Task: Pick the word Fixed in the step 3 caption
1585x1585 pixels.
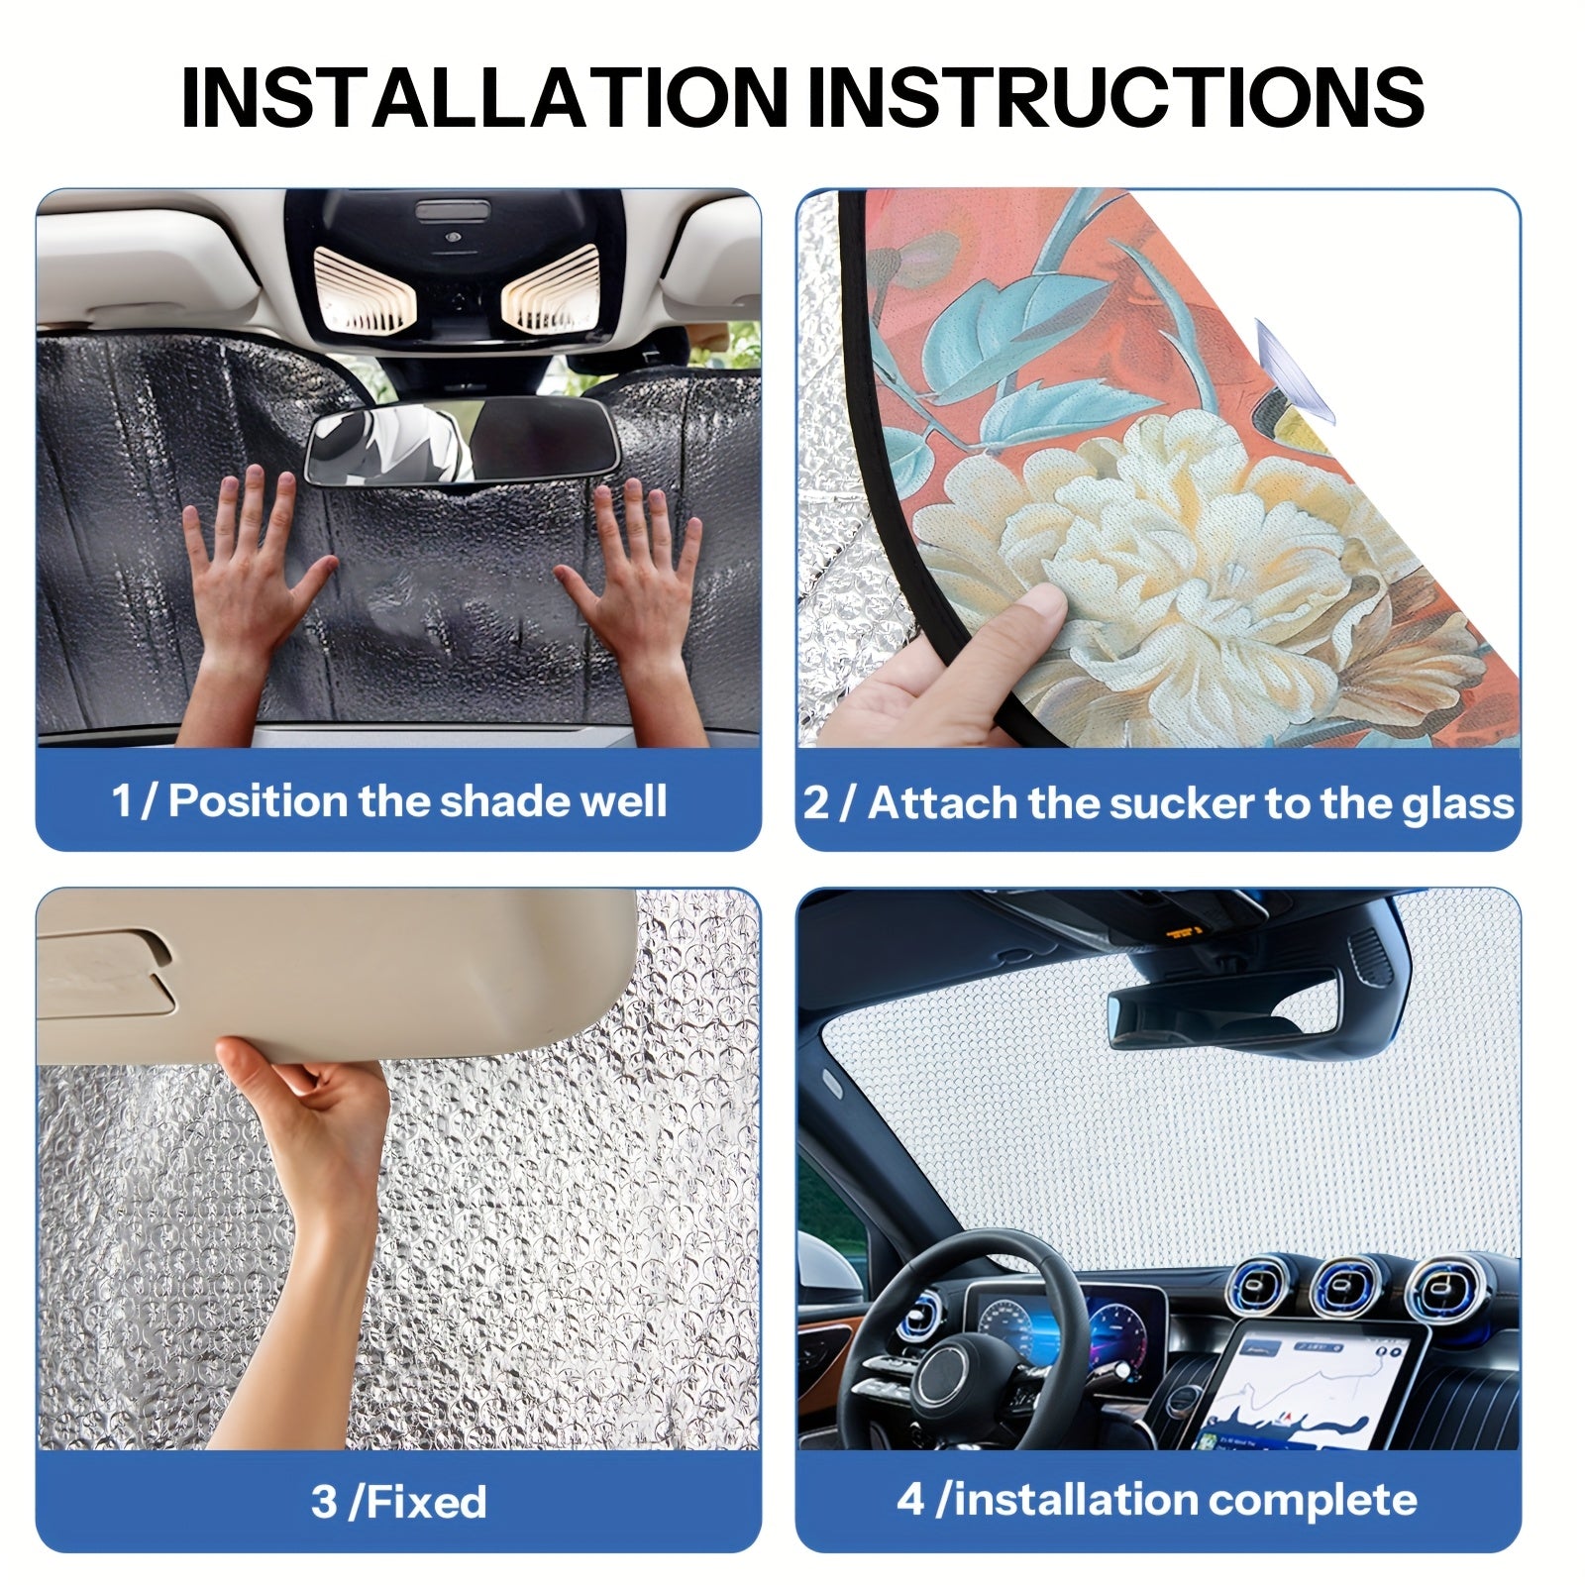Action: [x=427, y=1502]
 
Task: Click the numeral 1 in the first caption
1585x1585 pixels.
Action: [x=121, y=801]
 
